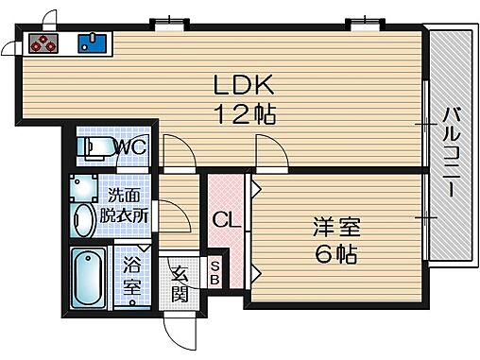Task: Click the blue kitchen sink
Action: [x=94, y=43]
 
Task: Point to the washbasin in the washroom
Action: [x=84, y=215]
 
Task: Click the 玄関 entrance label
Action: [x=178, y=282]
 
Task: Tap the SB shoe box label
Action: [x=214, y=272]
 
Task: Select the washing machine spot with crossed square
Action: [x=83, y=185]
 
